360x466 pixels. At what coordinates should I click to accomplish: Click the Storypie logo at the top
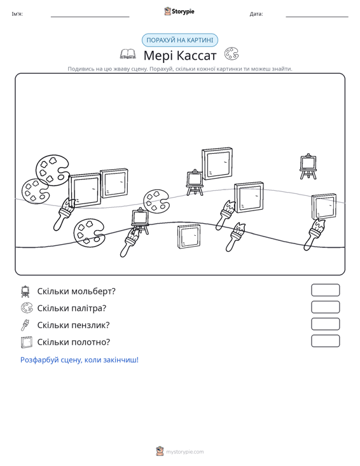coord(179,11)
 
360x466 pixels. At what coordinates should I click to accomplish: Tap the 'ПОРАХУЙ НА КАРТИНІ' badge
coord(180,40)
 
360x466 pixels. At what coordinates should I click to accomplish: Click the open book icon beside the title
coord(128,54)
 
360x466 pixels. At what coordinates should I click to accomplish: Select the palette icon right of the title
coord(232,54)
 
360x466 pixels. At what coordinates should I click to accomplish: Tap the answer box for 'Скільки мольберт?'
coord(325,290)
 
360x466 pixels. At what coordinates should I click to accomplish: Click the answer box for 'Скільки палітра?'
coord(325,307)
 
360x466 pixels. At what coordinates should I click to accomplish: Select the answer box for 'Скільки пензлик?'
coord(325,324)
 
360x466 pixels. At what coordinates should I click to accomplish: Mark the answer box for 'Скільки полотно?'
coord(325,341)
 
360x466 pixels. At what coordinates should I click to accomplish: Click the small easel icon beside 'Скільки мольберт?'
coord(25,291)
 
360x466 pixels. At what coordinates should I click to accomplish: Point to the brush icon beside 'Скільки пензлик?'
coord(25,325)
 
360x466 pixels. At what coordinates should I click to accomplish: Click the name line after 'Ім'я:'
coord(90,17)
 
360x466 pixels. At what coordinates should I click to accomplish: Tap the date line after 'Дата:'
coord(317,17)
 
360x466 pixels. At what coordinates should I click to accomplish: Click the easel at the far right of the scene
coord(308,167)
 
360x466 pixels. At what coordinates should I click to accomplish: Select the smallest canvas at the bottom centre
coord(189,236)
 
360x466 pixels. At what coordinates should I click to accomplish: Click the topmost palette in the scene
coord(53,170)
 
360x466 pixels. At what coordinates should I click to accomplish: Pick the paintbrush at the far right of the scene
coord(314,235)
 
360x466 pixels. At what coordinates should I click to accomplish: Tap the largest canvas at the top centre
coord(217,163)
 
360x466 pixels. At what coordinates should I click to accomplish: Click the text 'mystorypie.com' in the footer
coord(185,452)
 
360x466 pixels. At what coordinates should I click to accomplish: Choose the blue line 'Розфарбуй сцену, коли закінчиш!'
coord(80,360)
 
